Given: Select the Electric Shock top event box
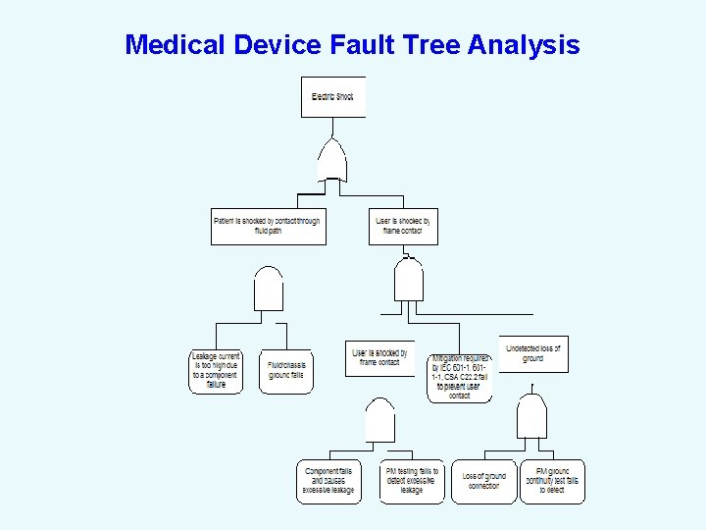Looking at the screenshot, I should [x=332, y=97].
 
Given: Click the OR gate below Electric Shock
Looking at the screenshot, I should [x=332, y=161].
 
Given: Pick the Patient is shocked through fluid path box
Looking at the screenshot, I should [x=267, y=226].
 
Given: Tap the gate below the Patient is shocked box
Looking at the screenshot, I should [x=269, y=289].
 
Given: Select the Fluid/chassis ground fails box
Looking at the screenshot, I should [x=285, y=372].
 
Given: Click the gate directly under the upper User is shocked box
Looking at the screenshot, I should [x=409, y=281].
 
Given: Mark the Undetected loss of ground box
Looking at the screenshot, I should [x=533, y=354].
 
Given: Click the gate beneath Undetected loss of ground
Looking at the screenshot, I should [x=531, y=416].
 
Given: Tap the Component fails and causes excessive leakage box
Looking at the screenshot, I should [x=329, y=481].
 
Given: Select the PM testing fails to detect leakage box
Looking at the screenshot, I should [x=412, y=481].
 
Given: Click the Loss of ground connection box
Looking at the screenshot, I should [x=483, y=481].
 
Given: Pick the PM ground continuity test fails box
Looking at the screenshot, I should [x=552, y=481].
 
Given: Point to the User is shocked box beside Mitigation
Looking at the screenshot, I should [x=379, y=357].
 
